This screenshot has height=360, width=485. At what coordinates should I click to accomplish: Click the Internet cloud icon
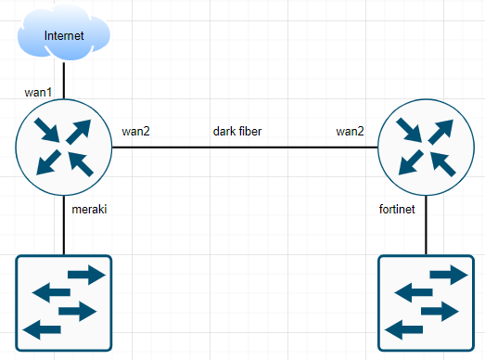coord(63,35)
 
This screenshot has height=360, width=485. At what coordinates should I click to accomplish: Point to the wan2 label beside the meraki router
coord(136,131)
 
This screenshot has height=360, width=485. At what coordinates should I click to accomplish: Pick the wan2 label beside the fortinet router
coord(351,131)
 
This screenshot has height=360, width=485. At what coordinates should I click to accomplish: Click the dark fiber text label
coord(237,131)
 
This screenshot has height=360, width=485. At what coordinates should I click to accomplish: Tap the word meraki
coord(90,210)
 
